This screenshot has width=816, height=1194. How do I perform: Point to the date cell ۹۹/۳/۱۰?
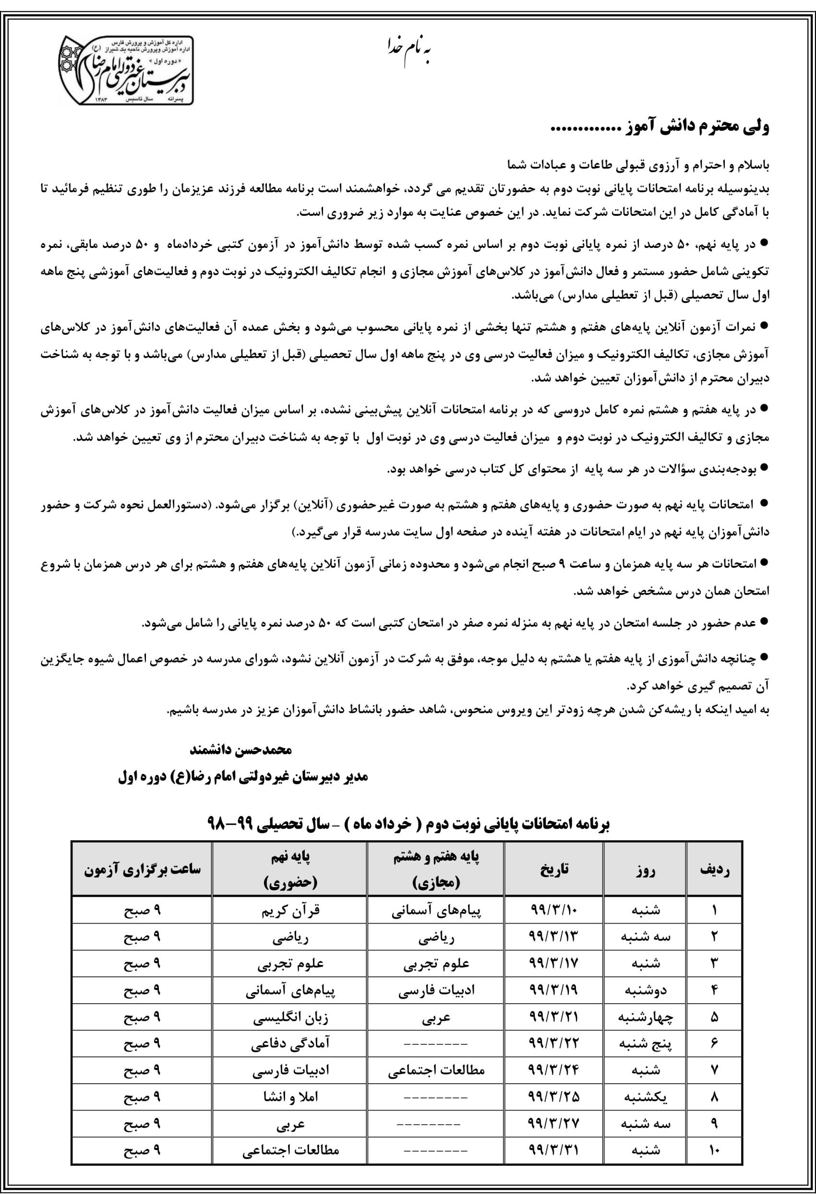554,910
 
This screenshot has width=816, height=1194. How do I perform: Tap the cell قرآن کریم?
290,911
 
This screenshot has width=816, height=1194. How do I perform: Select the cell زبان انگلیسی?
290,1017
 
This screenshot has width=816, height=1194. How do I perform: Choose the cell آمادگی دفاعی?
290,1043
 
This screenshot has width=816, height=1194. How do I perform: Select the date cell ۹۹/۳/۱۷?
554,963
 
